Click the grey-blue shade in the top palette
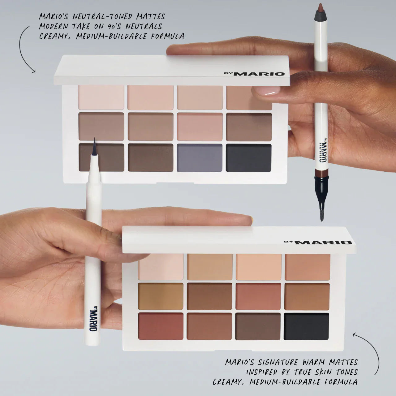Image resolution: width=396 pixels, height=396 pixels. pyautogui.click(x=200, y=158)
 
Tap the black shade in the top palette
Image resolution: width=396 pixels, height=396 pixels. pyautogui.click(x=249, y=158)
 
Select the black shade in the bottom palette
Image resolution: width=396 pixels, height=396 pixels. pyautogui.click(x=307, y=326)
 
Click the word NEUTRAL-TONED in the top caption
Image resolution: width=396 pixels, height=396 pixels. pyautogui.click(x=102, y=16)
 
